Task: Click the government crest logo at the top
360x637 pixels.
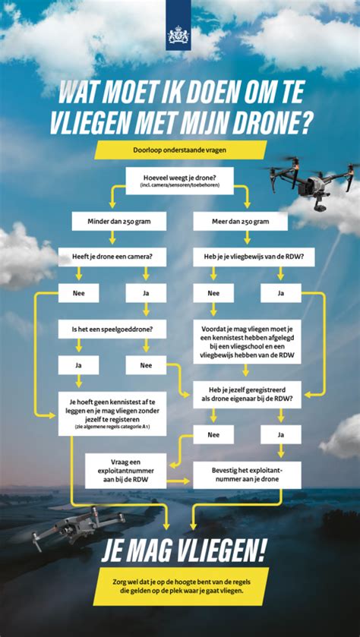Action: tap(179, 34)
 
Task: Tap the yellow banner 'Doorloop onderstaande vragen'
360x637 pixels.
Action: tap(179, 150)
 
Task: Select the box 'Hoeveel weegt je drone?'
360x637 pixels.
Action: tap(180, 180)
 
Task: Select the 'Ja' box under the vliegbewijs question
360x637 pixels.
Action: tap(280, 292)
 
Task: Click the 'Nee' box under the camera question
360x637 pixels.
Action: tap(77, 292)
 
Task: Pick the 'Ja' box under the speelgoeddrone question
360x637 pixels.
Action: tap(77, 365)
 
